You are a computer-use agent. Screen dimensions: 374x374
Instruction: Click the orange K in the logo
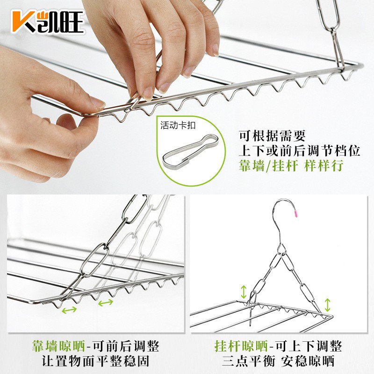point(22,22)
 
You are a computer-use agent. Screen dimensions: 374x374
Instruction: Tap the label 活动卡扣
point(178,125)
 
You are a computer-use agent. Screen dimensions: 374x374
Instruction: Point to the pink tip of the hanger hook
point(296,214)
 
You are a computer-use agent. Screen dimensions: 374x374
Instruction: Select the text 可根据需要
point(273,136)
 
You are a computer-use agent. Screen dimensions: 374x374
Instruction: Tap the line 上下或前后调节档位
point(299,151)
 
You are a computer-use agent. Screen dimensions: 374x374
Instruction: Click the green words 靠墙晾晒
point(59,346)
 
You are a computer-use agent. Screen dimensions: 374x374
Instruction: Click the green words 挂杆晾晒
point(241,346)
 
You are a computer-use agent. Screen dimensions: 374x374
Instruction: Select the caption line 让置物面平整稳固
point(96,361)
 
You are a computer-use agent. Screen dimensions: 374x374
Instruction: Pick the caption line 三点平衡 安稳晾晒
point(278,361)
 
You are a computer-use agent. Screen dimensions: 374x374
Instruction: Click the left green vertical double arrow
point(244,292)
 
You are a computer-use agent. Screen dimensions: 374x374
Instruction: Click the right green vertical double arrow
point(328,305)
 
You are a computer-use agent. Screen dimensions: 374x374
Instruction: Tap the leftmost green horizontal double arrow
point(69,310)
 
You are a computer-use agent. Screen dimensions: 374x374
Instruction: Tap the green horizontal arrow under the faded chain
point(106,302)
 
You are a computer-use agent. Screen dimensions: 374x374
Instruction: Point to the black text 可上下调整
point(309,346)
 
